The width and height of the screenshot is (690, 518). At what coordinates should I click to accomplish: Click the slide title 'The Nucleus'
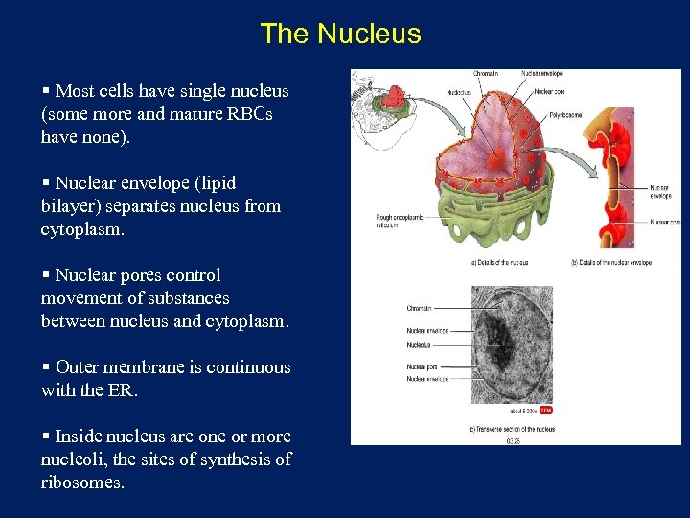340,34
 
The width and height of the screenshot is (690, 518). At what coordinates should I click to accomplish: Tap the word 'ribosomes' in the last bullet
80,483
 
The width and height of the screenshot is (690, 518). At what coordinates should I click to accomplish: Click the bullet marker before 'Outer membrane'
46,367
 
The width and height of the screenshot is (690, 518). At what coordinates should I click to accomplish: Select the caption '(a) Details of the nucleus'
498,262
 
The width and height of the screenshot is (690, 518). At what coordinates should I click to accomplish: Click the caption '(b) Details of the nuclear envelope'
611,262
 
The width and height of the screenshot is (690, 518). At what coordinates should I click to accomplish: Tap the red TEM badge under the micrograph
545,410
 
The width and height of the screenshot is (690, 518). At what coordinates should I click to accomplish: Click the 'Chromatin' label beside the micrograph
420,308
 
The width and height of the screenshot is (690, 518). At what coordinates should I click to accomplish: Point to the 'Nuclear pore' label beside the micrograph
422,366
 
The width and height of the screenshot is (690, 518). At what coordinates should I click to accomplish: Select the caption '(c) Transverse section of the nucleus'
514,429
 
